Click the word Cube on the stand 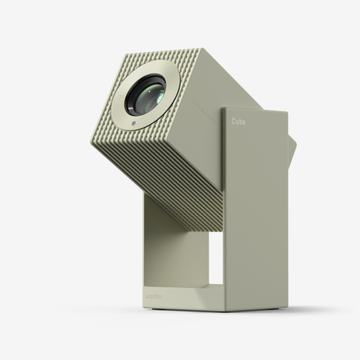[x=238, y=122]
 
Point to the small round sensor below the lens [x=134, y=123]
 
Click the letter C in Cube [x=233, y=122]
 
